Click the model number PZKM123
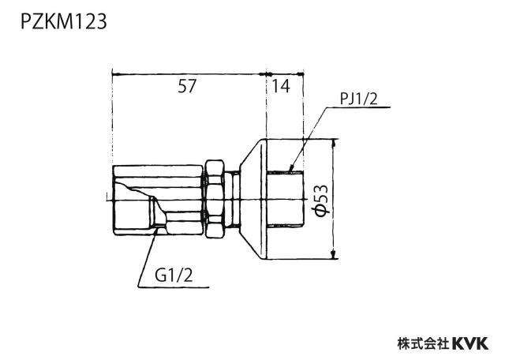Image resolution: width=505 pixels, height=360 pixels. (63, 22)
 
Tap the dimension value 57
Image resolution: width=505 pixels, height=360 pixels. (187, 86)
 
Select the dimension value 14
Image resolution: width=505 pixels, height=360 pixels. (281, 86)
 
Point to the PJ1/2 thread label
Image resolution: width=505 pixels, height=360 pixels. (358, 99)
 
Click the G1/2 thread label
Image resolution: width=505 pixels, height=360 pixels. (174, 276)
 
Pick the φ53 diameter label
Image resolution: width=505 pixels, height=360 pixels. (321, 201)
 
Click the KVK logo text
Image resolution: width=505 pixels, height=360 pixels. (470, 343)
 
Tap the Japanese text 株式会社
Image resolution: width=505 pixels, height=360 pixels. (424, 343)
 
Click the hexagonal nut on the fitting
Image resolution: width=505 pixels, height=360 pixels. (214, 199)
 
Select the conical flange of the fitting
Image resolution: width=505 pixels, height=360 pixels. (253, 199)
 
